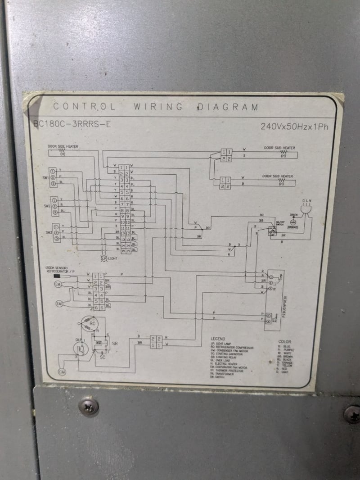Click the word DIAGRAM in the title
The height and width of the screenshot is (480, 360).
pyautogui.click(x=228, y=107)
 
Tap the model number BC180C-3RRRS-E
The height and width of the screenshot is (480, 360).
pyautogui.click(x=72, y=124)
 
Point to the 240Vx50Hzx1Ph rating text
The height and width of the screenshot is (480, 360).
pyautogui.click(x=294, y=127)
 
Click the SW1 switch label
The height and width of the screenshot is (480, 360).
pyautogui.click(x=45, y=178)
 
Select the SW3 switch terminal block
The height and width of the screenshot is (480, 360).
pyautogui.click(x=56, y=232)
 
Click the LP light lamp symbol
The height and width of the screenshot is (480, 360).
pyautogui.click(x=103, y=258)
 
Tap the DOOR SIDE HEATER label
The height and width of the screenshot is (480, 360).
pyautogui.click(x=63, y=146)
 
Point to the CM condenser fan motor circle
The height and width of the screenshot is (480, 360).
pyautogui.click(x=62, y=372)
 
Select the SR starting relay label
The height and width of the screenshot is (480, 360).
pyautogui.click(x=115, y=344)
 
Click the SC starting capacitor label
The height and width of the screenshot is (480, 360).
pyautogui.click(x=103, y=357)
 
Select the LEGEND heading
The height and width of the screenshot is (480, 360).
pyautogui.click(x=218, y=339)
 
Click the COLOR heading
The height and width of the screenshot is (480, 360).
pyautogui.click(x=284, y=341)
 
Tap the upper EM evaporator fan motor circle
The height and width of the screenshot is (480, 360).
pyautogui.click(x=58, y=285)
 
